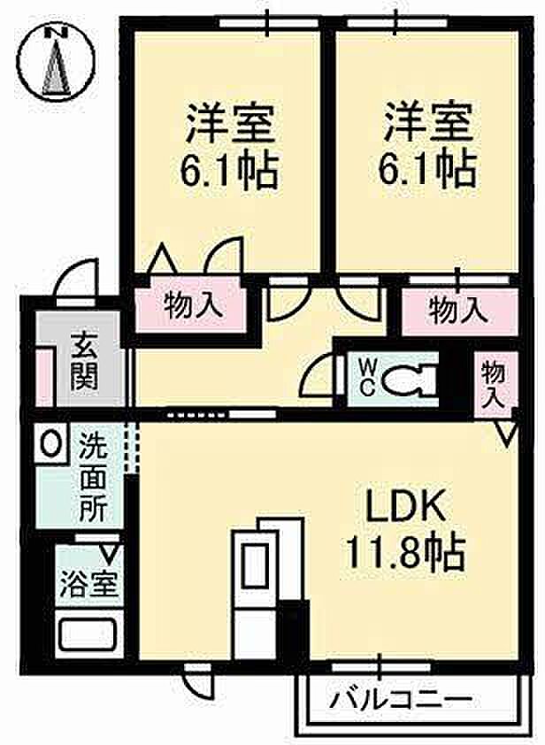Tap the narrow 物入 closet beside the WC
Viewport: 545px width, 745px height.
coord(492,382)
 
